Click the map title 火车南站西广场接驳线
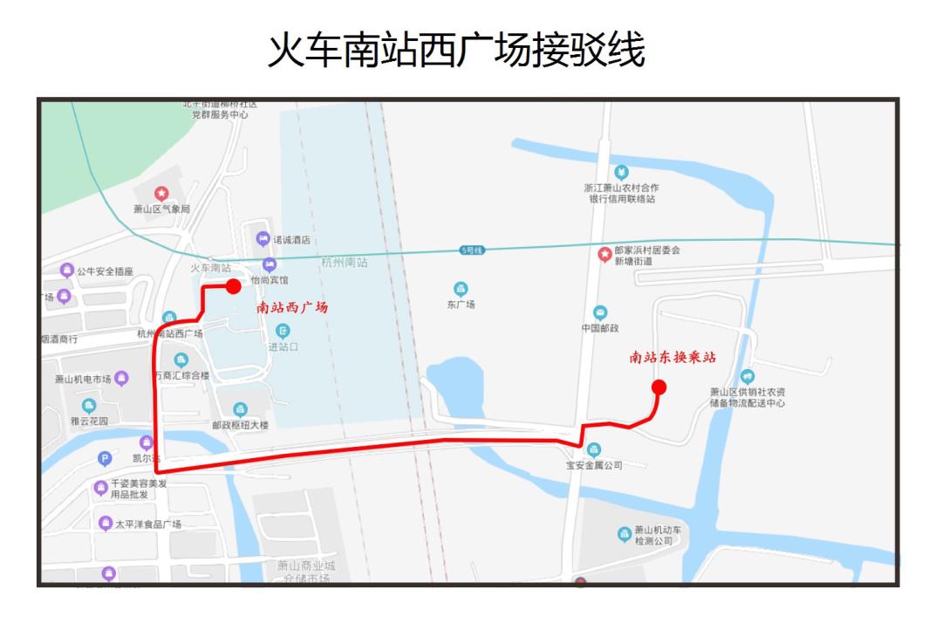click(456, 51)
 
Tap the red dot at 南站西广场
click(233, 286)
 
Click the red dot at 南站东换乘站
click(659, 387)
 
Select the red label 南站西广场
click(292, 308)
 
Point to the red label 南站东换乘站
click(673, 357)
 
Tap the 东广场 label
click(461, 305)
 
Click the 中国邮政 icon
click(600, 312)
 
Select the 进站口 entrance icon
click(283, 331)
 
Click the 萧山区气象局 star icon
click(161, 193)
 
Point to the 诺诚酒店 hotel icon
click(263, 238)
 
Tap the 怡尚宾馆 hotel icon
click(269, 264)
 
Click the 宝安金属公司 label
click(594, 465)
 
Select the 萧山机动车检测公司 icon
click(624, 533)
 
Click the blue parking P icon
click(105, 458)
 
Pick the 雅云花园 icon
click(89, 406)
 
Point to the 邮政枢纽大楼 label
click(240, 425)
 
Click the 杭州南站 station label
click(345, 262)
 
